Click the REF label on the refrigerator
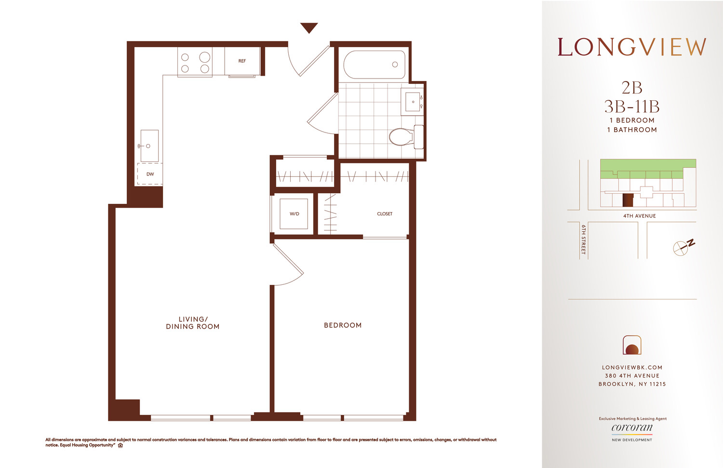[242, 61]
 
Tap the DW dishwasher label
[150, 174]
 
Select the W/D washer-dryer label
[294, 214]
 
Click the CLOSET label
[385, 214]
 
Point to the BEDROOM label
[343, 325]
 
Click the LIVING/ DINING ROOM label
[193, 323]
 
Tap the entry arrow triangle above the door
[309, 27]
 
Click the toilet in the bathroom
[402, 137]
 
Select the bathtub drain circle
[395, 65]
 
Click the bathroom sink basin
[413, 102]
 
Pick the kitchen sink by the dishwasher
[149, 146]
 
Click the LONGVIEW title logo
[632, 47]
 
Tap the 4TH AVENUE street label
[639, 216]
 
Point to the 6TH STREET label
[583, 239]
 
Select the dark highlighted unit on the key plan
[628, 200]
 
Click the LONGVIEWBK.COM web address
[632, 367]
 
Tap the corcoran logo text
[632, 428]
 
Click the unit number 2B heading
[632, 88]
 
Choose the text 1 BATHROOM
[632, 130]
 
